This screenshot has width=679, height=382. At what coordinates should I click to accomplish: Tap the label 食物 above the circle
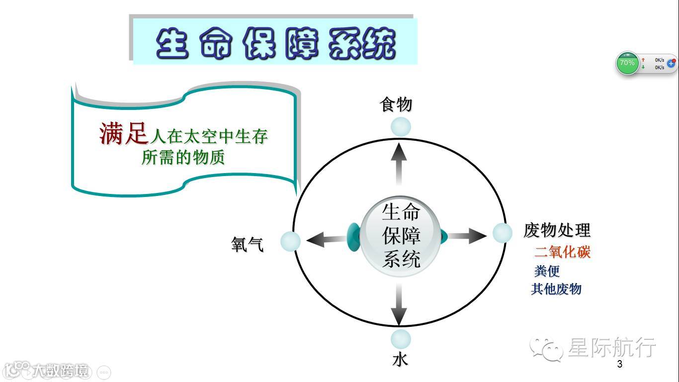point(396,105)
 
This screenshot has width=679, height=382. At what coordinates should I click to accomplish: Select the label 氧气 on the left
point(248,244)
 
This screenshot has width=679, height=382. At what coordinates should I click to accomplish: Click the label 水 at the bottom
point(400,359)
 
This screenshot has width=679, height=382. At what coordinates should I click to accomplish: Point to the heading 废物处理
point(557,230)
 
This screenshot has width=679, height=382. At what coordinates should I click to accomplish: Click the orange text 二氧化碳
point(562,252)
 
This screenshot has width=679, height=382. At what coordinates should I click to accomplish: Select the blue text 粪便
point(547,271)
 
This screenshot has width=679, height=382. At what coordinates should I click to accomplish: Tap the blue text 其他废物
point(556,289)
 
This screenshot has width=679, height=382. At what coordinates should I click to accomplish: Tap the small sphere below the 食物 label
point(401,127)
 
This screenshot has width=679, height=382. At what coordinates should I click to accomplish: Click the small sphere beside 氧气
point(290,242)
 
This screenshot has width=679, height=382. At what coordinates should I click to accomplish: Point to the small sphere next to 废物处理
point(503,233)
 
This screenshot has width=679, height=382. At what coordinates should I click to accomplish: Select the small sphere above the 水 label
point(401,339)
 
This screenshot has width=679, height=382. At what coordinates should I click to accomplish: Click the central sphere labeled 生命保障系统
point(401,237)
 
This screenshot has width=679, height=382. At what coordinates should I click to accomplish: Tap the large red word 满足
point(124,133)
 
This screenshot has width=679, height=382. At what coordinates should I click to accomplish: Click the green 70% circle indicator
point(627,63)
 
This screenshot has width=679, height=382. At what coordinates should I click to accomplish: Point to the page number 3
point(619,364)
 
